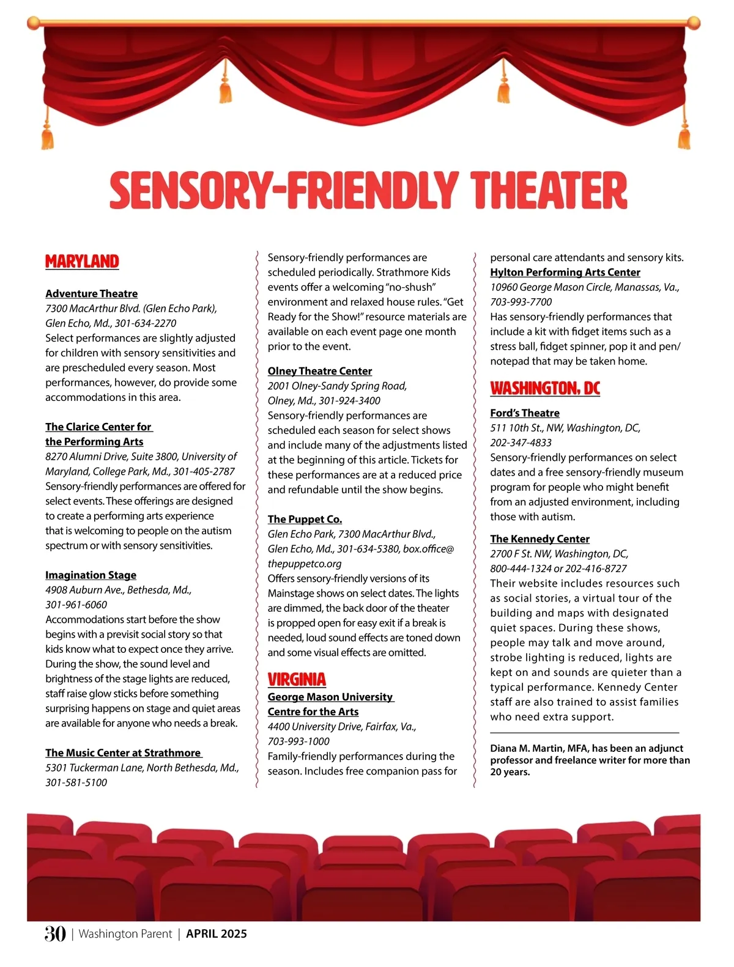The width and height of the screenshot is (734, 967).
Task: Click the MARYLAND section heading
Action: point(82,262)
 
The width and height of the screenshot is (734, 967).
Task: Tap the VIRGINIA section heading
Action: point(297,680)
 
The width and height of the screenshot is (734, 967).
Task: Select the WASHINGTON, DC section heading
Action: point(545,388)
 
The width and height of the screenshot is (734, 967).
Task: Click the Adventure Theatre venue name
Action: point(91,293)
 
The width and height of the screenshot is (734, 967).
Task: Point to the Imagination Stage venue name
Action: point(91,575)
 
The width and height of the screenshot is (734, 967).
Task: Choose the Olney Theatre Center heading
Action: point(319,371)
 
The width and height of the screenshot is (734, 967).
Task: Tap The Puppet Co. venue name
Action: point(305,519)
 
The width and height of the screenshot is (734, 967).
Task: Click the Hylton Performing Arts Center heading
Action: point(565,273)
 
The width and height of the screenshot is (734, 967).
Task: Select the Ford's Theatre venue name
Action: point(524,413)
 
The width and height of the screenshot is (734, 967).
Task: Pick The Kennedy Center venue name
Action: point(539,539)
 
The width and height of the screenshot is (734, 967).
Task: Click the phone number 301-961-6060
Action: point(76,605)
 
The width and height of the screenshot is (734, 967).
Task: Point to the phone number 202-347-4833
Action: point(521,443)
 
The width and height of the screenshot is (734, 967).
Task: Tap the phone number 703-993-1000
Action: point(298,741)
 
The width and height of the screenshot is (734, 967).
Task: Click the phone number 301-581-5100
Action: point(76,782)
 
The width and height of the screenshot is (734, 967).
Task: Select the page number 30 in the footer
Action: point(54,933)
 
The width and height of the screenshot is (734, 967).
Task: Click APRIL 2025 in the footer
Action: point(217,933)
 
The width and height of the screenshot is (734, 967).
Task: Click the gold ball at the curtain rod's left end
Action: point(34,23)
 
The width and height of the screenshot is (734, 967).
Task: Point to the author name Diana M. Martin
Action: point(527,748)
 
